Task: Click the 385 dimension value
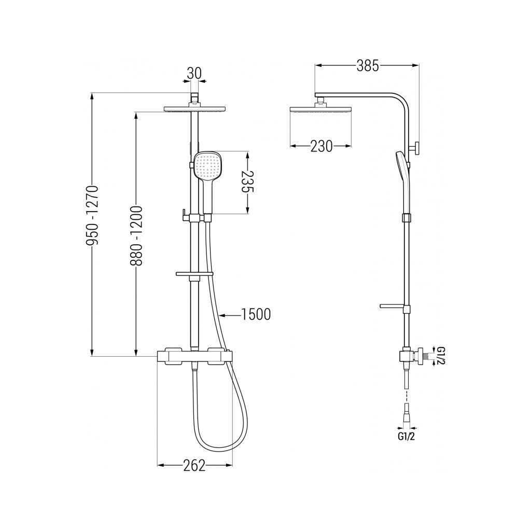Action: [x=368, y=66]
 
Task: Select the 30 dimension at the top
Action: [x=194, y=73]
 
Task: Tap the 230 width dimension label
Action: [x=322, y=146]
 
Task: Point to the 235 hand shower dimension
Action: [x=248, y=182]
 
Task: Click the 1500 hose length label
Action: [x=256, y=315]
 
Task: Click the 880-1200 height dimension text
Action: [x=136, y=235]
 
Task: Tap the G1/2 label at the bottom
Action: [x=406, y=437]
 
